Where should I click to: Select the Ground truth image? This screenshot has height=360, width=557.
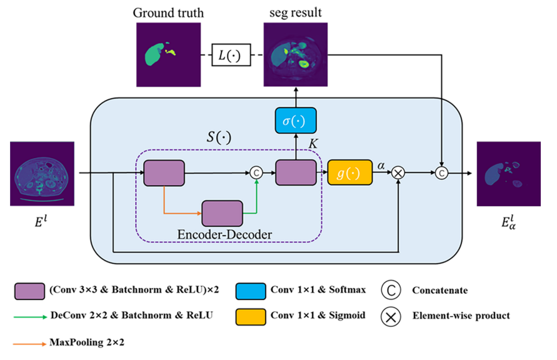coord(169,54)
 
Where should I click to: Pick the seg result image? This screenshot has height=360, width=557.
coord(295,54)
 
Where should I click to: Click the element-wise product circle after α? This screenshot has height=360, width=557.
coord(398,173)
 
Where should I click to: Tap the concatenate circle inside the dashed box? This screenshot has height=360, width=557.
coord(256,173)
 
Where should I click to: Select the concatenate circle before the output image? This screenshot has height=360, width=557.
coord(442,173)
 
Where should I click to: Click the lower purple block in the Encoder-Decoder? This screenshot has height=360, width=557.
coord(222,213)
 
